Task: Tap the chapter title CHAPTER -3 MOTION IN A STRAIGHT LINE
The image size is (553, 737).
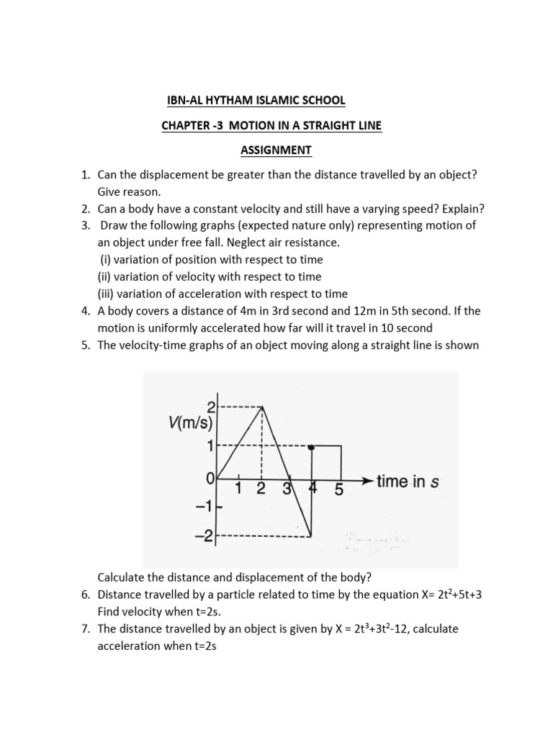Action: click(271, 125)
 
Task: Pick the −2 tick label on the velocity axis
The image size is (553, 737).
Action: click(204, 536)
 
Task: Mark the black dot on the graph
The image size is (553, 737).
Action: click(311, 447)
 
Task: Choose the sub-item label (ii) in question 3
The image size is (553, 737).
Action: click(108, 276)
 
